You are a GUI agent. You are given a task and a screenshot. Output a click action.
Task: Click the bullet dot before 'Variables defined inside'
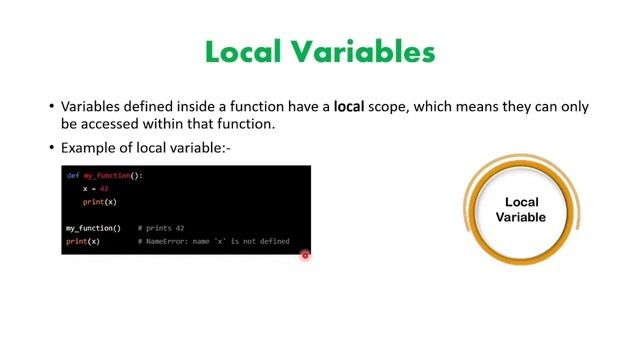click(51, 107)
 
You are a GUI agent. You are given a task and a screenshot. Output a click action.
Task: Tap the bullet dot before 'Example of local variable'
click(51, 148)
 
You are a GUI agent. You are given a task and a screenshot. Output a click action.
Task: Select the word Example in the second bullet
click(88, 148)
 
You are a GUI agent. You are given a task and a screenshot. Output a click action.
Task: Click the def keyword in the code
click(72, 176)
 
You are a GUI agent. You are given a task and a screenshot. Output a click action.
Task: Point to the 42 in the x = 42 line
click(104, 189)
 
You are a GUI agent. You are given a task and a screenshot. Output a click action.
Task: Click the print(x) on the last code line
click(83, 241)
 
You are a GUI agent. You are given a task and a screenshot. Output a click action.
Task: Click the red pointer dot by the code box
click(305, 255)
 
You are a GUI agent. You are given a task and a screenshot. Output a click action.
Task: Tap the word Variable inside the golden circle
click(522, 217)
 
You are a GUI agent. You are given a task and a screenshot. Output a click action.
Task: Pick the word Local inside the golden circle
click(522, 202)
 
